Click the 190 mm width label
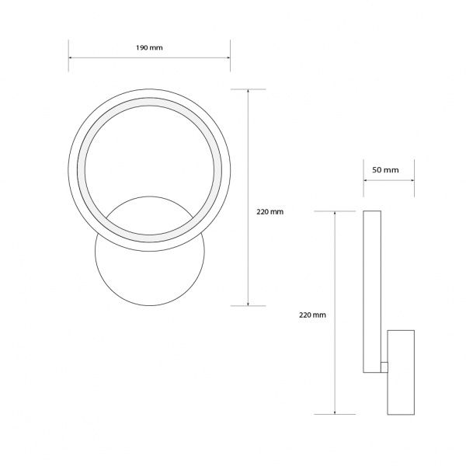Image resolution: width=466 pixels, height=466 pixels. coord(150,47)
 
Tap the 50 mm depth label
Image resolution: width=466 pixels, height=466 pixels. coord(386,169)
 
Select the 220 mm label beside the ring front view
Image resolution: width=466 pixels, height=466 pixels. coord(270,211)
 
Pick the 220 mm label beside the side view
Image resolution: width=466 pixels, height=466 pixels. coord(312,315)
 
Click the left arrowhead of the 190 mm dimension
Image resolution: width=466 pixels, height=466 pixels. coord(71,57)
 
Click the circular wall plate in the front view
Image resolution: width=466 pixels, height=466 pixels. coord(149,272)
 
